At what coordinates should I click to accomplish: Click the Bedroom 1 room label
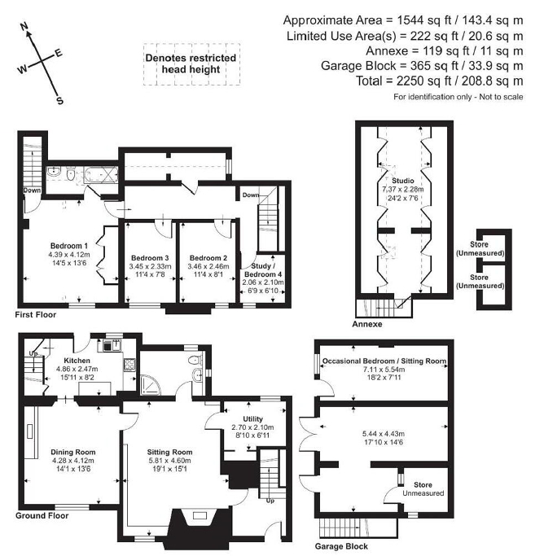click(x=68, y=246)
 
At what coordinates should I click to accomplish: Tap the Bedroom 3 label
click(x=149, y=258)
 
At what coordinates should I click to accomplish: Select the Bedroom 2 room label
click(x=208, y=258)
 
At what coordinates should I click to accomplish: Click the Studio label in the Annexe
click(x=401, y=181)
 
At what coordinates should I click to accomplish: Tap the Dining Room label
click(x=73, y=452)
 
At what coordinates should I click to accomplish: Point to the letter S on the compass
click(x=59, y=101)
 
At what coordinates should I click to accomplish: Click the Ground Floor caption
click(x=43, y=515)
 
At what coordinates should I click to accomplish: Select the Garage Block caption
click(x=343, y=546)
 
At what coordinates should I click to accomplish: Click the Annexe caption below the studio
click(x=371, y=323)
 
